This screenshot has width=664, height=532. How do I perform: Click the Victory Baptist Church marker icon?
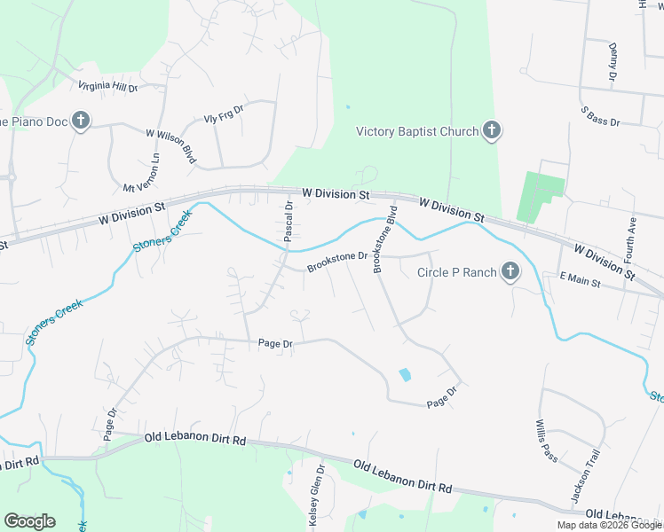(492, 132)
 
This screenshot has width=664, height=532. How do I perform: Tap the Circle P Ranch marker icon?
(510, 271)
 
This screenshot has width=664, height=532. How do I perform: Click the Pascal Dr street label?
(289, 222)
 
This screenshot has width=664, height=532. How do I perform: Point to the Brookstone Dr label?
(337, 262)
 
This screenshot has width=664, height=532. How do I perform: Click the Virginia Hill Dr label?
(108, 87)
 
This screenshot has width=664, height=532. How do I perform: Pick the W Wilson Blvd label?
(170, 145)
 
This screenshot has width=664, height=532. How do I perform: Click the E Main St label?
(581, 282)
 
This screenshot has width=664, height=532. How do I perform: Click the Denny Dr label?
(613, 62)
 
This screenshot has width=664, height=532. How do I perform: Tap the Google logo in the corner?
(29, 521)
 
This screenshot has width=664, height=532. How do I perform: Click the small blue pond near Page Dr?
(406, 375)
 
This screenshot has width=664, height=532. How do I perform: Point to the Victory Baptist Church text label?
(416, 132)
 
